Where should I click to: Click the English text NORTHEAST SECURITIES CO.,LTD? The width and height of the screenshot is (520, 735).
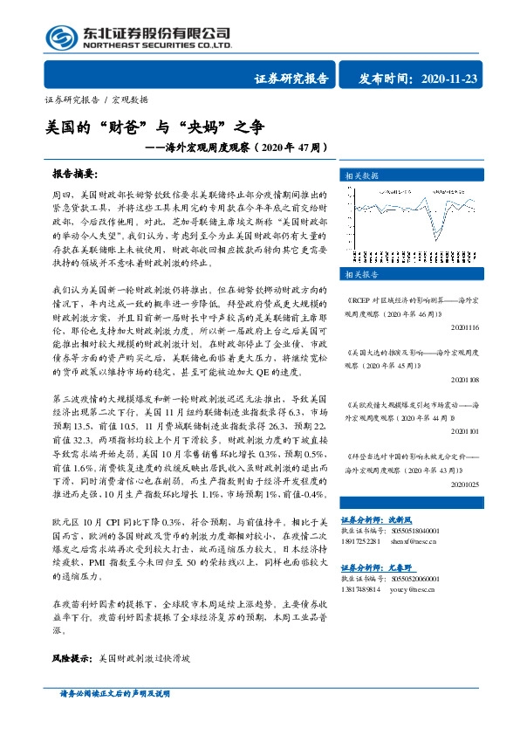click(155, 45)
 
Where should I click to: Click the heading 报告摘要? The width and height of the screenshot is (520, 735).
click(75, 174)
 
